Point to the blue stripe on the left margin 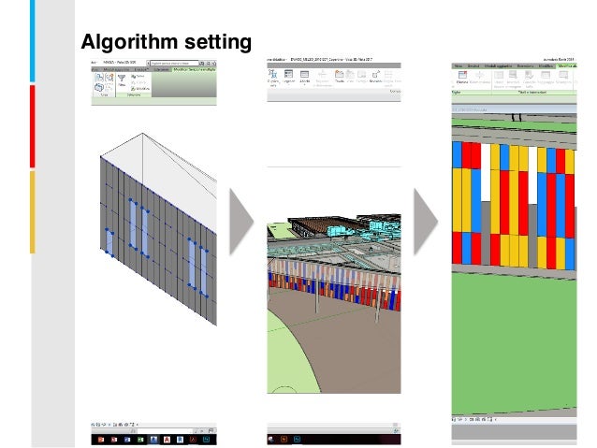tap(33, 41)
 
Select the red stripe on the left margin tap(33, 126)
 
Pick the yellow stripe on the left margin tap(33, 211)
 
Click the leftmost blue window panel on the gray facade tap(110, 241)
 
